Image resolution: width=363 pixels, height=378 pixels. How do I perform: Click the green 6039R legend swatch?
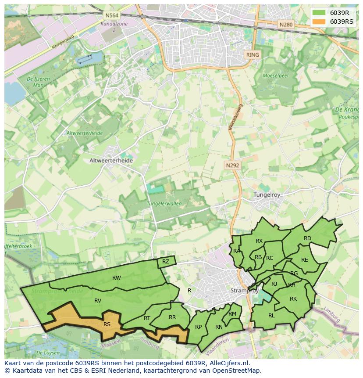319,13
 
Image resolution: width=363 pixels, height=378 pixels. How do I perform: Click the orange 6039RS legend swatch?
319,22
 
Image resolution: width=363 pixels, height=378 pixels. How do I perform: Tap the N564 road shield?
110,15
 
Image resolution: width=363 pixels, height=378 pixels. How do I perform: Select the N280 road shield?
285,25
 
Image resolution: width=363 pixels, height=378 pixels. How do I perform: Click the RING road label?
253,55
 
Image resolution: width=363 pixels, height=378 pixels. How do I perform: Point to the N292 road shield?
232,166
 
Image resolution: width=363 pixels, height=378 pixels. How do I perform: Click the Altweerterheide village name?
111,161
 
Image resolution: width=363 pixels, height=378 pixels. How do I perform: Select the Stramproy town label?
244,291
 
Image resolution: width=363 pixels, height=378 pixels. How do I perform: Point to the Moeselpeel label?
275,76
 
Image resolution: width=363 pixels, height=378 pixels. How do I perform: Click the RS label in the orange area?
107,324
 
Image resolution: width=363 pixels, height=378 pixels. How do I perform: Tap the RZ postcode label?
165,262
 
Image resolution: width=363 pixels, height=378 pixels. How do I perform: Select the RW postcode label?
117,277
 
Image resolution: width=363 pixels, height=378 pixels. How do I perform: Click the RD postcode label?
307,238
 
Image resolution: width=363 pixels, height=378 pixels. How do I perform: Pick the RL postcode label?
271,315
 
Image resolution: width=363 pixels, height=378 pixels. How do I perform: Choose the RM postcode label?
232,313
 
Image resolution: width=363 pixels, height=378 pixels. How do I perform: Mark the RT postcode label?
147,318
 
